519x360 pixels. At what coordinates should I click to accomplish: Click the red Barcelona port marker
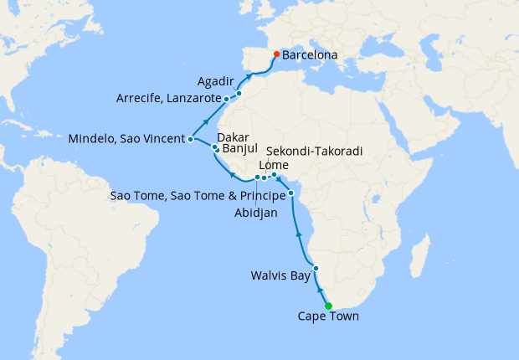click(x=276, y=54)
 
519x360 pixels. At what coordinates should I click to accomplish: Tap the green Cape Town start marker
click(x=328, y=306)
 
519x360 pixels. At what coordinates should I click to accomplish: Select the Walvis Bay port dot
click(x=316, y=269)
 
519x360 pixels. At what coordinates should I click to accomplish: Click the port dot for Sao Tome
click(x=291, y=194)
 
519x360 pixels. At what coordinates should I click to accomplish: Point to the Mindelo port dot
click(x=191, y=139)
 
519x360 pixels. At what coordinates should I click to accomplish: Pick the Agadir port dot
click(x=239, y=94)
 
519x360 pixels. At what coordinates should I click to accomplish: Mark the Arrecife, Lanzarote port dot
click(x=227, y=100)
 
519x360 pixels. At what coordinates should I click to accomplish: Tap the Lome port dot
click(x=274, y=175)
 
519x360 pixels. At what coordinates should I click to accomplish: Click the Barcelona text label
click(x=310, y=55)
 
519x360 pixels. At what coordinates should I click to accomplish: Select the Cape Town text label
click(x=327, y=316)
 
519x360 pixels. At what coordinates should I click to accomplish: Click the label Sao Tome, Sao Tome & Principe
click(x=198, y=196)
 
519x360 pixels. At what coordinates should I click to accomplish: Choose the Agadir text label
click(x=216, y=82)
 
